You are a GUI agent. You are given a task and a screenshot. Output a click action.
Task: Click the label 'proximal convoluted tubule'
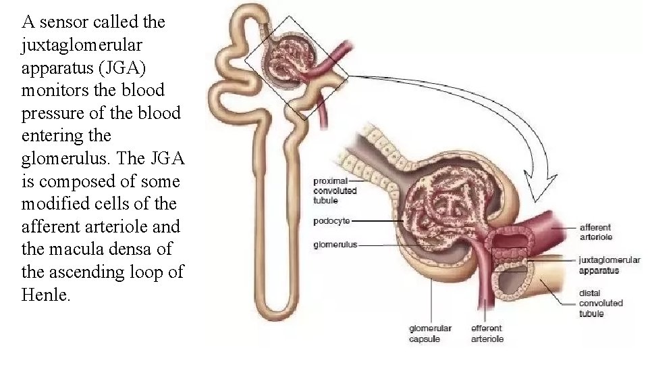335,191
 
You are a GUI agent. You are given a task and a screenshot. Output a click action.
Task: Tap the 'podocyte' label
331,221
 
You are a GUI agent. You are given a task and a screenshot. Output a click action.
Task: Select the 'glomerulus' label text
335,245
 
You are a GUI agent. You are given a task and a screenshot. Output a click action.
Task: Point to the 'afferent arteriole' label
595,232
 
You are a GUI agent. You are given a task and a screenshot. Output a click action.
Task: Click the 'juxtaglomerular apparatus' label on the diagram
609,265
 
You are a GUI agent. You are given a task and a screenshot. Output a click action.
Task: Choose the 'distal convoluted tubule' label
601,303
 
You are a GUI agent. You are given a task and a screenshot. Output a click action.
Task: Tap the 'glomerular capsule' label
430,334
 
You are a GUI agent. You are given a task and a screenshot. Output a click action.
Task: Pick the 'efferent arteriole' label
487,334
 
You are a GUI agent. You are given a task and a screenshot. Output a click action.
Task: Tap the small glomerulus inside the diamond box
287,63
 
